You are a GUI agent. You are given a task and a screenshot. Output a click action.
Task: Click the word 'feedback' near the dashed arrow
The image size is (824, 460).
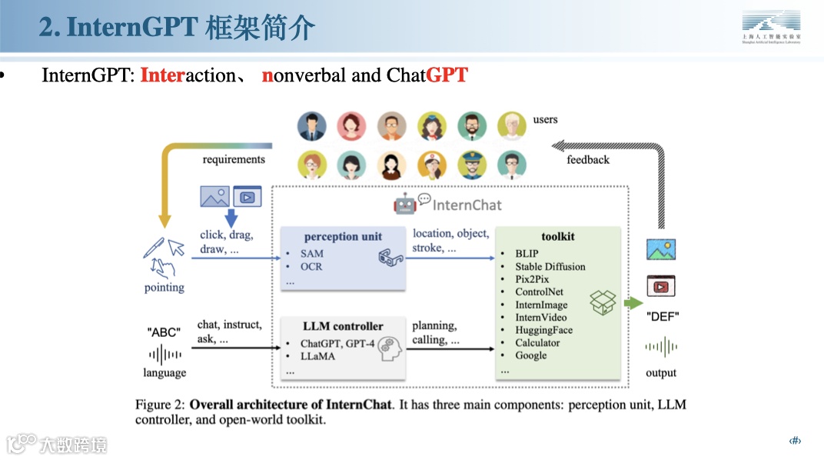click(588, 160)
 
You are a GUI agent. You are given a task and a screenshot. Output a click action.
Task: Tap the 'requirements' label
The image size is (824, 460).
click(234, 159)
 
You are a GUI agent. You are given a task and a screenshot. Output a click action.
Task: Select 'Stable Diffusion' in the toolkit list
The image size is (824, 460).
click(550, 266)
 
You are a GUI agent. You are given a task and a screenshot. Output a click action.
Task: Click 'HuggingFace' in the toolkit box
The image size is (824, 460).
click(543, 330)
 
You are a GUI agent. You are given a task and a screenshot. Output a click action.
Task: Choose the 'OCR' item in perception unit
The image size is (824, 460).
click(311, 266)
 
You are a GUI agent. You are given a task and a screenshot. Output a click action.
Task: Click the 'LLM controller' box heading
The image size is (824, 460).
click(343, 326)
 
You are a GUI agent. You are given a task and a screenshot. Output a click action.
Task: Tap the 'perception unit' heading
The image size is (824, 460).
click(343, 236)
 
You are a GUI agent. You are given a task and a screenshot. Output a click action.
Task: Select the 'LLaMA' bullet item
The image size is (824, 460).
click(317, 356)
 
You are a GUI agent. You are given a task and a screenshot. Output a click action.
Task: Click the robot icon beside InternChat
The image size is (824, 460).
click(404, 204)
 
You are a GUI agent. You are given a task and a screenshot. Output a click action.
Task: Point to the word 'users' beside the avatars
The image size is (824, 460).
click(545, 119)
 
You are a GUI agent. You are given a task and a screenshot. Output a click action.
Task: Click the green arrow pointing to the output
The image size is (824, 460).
click(633, 302)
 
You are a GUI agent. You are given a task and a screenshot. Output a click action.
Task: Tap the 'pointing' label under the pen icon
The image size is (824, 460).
click(164, 288)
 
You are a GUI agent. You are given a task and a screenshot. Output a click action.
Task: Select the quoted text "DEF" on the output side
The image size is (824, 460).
click(662, 316)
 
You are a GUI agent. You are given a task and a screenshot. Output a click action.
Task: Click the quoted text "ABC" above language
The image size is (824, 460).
click(164, 332)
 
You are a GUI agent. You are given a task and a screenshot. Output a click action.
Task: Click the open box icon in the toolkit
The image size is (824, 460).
click(603, 302)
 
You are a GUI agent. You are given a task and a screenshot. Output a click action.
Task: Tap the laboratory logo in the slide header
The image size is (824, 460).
click(771, 28)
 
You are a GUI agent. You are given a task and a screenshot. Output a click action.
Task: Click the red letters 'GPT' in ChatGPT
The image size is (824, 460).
click(447, 75)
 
